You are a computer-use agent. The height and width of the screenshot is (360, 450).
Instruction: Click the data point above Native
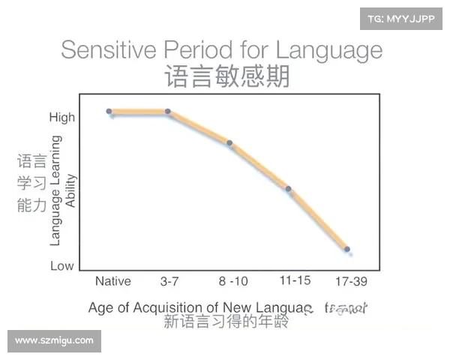109,112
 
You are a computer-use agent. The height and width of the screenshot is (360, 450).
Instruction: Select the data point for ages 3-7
168,112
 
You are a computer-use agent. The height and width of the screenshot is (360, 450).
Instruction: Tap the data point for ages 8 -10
229,142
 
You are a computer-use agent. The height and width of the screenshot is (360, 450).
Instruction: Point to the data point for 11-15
289,188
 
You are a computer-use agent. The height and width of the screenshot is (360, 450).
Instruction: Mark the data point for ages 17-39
346,249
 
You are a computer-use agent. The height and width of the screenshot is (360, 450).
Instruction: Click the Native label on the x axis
113,282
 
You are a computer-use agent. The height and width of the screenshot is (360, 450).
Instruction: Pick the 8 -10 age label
233,282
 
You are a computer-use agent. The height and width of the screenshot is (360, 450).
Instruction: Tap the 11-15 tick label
294,281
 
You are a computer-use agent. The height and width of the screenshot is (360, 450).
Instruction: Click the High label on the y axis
62,117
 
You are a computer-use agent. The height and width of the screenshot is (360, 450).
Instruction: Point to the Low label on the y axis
62,265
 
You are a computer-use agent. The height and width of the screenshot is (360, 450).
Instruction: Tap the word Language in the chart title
329,50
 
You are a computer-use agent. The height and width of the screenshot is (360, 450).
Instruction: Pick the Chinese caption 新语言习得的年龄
226,322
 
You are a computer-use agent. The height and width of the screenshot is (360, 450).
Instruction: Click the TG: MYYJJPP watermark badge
400,17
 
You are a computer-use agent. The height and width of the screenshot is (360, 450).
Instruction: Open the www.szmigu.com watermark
54,341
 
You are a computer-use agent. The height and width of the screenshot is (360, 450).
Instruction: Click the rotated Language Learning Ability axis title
62,190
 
